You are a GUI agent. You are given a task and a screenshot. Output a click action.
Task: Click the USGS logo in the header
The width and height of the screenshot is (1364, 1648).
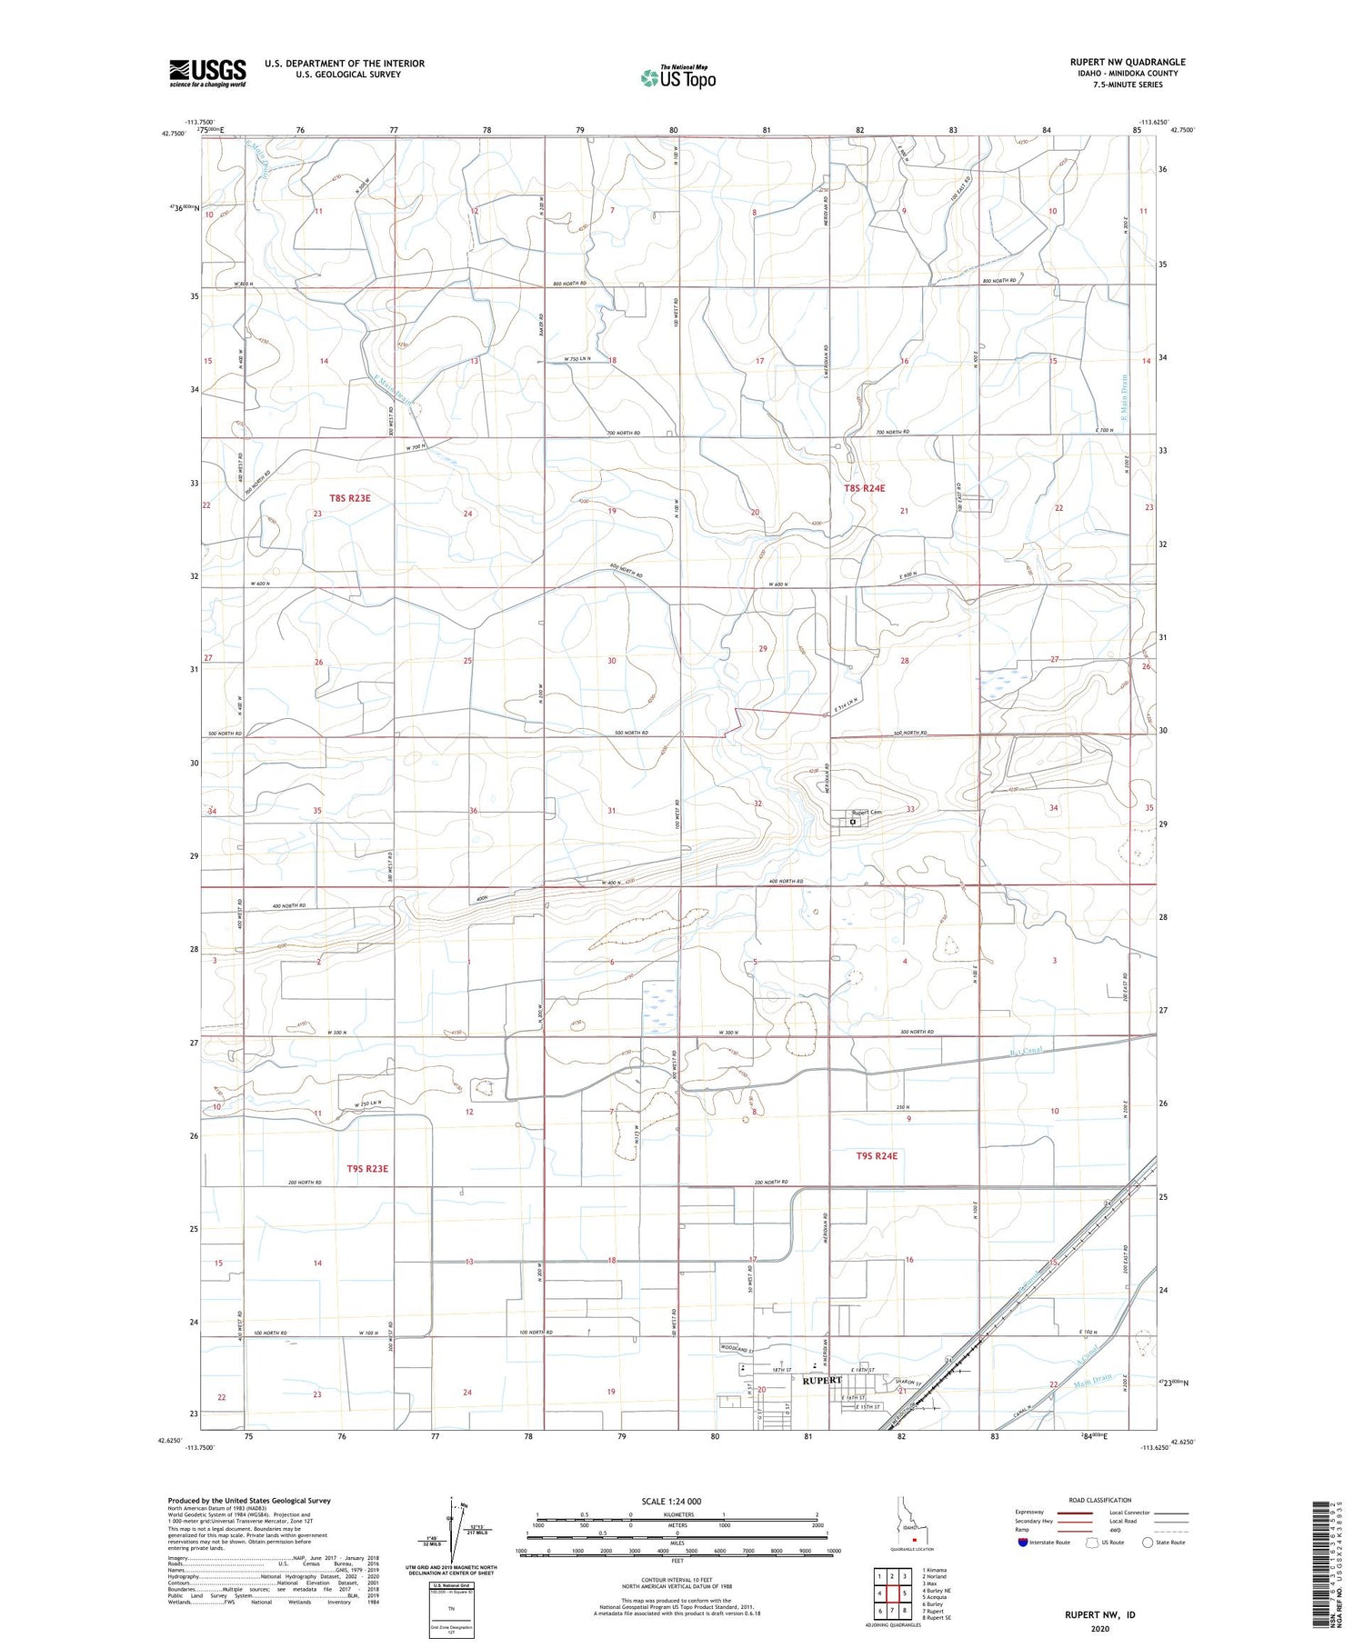click(207, 73)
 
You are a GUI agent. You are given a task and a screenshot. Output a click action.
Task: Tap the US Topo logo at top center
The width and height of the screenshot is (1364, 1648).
click(677, 78)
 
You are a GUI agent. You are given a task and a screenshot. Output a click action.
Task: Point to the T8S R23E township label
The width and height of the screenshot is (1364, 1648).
click(350, 498)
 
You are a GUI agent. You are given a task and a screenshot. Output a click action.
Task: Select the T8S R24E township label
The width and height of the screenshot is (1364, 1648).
click(864, 488)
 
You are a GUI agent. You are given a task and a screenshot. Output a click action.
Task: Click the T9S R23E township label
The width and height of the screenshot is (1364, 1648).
click(367, 1168)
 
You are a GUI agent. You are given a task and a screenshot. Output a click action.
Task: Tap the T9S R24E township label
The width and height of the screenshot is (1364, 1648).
click(877, 1156)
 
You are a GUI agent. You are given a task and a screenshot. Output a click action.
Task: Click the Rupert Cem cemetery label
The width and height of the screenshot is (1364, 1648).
click(866, 812)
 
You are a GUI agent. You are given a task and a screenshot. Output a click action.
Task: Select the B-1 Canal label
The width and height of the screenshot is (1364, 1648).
click(1023, 1052)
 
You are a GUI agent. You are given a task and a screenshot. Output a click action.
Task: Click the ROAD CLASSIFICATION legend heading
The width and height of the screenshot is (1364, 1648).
click(1099, 1500)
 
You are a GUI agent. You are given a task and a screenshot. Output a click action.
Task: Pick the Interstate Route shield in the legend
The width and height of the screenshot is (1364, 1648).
click(1023, 1543)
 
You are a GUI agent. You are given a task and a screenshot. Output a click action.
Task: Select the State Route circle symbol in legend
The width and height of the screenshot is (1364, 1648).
click(1148, 1542)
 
